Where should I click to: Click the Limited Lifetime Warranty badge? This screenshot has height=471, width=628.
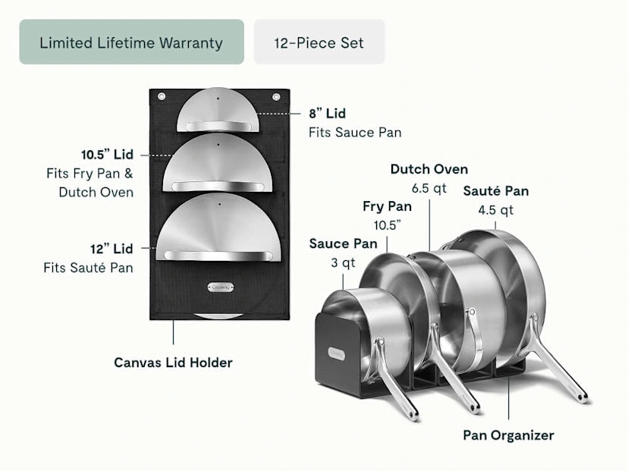click(x=131, y=42)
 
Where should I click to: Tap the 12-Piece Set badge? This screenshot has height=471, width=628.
click(x=319, y=42)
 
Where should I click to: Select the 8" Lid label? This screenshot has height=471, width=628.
click(x=327, y=114)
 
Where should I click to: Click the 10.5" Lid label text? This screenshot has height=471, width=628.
click(x=107, y=155)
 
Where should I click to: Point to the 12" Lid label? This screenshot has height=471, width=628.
click(x=112, y=249)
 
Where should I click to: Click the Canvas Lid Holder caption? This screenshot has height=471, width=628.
click(x=173, y=363)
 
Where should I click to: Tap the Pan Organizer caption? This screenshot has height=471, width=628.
click(x=508, y=435)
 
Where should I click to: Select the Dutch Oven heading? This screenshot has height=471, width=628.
click(x=429, y=169)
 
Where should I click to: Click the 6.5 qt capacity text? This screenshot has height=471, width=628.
click(x=429, y=188)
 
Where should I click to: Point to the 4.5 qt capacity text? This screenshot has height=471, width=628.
click(x=495, y=210)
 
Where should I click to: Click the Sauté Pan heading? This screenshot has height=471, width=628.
click(x=496, y=191)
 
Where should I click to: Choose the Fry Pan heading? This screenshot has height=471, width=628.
click(x=387, y=206)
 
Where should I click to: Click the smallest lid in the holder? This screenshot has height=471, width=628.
click(x=218, y=112)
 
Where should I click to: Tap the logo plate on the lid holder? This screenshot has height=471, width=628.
click(x=218, y=287)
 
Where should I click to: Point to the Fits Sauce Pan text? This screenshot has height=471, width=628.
click(x=354, y=133)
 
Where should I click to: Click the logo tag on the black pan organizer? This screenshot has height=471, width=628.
click(x=335, y=353)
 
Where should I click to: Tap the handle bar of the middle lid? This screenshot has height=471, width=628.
click(x=218, y=186)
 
